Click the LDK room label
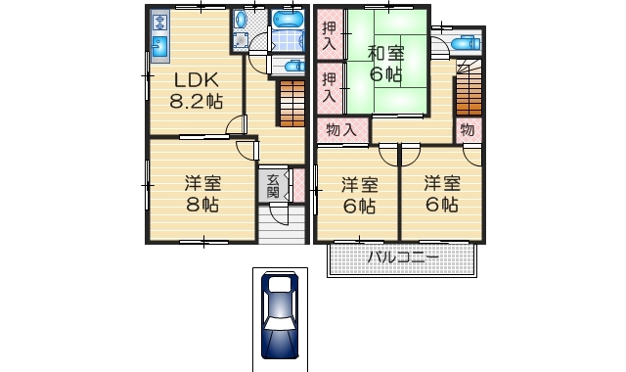pyautogui.click(x=197, y=80)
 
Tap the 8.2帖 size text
pyautogui.click(x=196, y=101)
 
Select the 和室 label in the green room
pyautogui.click(x=385, y=54)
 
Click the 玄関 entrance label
pyautogui.click(x=273, y=186)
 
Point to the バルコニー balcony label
pyautogui.click(x=402, y=257)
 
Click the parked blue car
pyautogui.click(x=280, y=315)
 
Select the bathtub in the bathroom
pyautogui.click(x=288, y=19)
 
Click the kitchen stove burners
pyautogui.click(x=160, y=23)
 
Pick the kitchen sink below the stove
pyautogui.click(x=160, y=47)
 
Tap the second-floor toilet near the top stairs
pyautogui.click(x=466, y=42)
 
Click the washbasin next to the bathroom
pyautogui.click(x=241, y=19)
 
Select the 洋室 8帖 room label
pyautogui.click(x=202, y=194)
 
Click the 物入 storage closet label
pyautogui.click(x=341, y=130)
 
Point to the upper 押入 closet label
pyautogui.click(x=329, y=35)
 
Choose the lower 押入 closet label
pyautogui.click(x=329, y=87)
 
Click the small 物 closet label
pyautogui.click(x=468, y=130)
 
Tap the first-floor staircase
pyautogui.click(x=292, y=104)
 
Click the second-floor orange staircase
pyautogui.click(x=469, y=88)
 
